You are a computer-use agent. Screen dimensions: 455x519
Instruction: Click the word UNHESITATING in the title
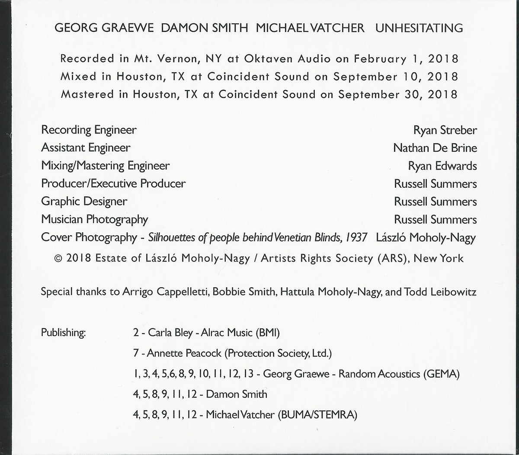[x=419, y=29]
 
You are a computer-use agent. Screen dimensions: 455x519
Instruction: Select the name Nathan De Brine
[x=435, y=148]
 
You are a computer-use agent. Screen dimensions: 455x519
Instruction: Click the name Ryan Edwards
[x=442, y=166]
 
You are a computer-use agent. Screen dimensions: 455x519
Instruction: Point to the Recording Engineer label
[x=89, y=130]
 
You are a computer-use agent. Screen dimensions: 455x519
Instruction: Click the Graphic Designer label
[x=84, y=202]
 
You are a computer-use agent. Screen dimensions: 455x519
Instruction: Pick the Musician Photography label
[x=94, y=219]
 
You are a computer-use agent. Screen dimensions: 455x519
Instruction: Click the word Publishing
[x=64, y=333]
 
